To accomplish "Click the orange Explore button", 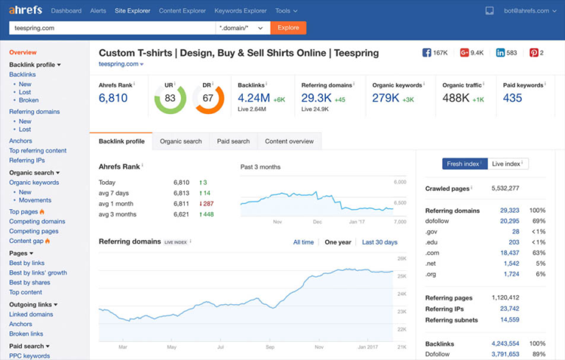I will click(288, 28).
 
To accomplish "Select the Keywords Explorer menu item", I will click(241, 11).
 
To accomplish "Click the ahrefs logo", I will click(26, 10).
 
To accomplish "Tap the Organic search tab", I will click(180, 141).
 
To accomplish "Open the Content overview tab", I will click(289, 141).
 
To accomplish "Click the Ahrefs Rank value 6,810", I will click(113, 99).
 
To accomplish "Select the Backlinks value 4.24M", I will click(254, 99).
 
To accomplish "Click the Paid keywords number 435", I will click(513, 99).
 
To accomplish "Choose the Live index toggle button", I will click(508, 163).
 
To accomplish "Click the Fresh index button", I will click(464, 163).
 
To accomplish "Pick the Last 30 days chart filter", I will click(380, 242).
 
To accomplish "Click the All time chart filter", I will click(303, 242).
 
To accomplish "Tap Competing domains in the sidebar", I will click(37, 222).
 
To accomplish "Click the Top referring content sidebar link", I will click(38, 151).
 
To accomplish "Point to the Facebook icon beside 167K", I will click(427, 53).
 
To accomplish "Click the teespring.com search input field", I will click(110, 28).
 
